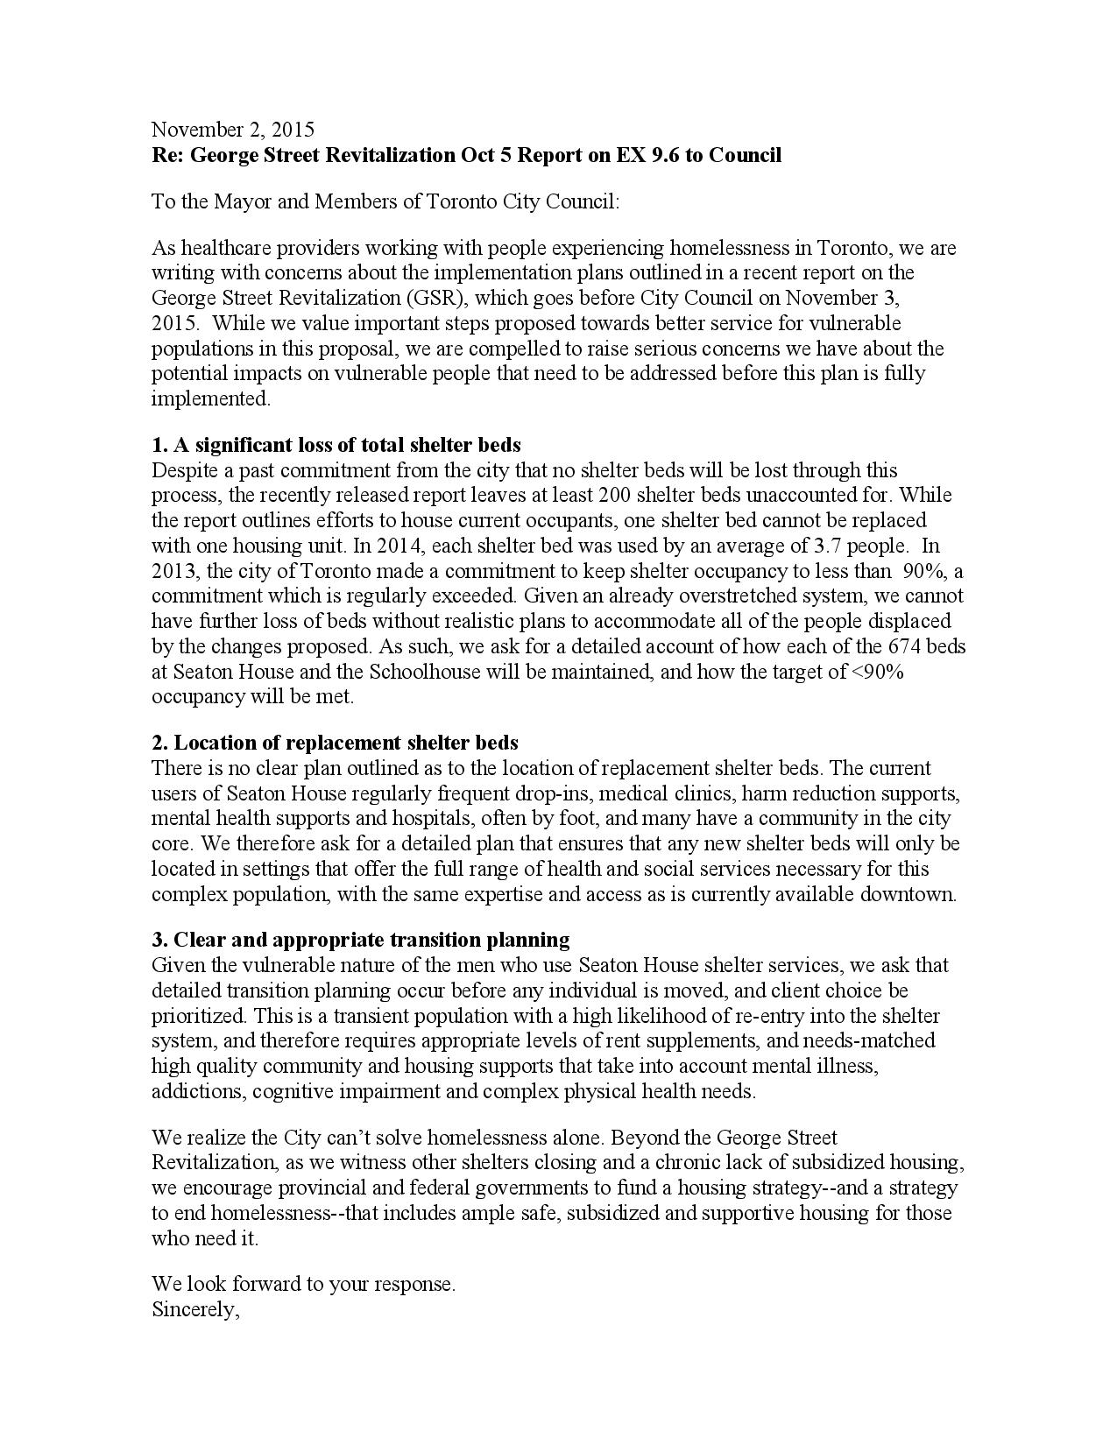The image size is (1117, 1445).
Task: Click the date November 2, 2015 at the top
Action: [232, 130]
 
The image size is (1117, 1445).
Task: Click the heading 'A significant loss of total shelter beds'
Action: [348, 445]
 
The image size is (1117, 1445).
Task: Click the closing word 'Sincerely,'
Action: [195, 1310]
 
